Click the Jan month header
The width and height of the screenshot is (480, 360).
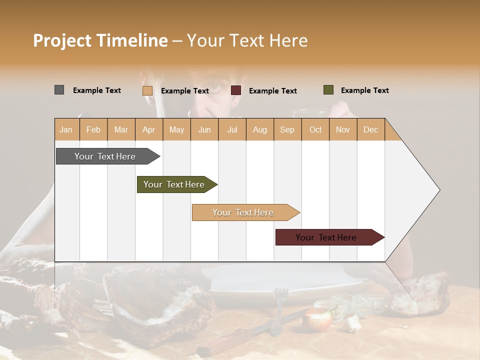[66, 129]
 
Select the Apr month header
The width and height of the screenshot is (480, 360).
[149, 129]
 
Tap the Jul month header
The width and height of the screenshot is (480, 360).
[232, 129]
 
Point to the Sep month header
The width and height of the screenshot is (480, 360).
[287, 129]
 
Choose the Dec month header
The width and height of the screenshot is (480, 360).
[370, 129]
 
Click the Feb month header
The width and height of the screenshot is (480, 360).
[93, 129]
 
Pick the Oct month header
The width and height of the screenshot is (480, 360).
[315, 129]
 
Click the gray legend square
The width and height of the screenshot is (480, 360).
[59, 90]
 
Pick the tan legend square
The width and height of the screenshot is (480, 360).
[147, 90]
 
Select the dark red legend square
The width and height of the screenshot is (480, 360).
[236, 90]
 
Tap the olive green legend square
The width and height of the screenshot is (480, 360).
[328, 90]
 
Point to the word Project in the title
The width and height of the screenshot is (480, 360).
[62, 40]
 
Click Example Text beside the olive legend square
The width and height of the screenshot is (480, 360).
[364, 90]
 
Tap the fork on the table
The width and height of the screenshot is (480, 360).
[279, 310]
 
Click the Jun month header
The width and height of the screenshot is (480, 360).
[204, 129]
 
